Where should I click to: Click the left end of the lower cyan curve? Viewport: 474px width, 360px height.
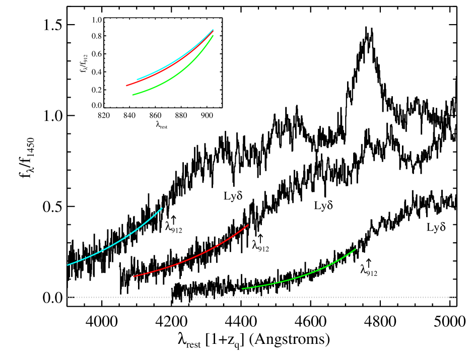(68, 265)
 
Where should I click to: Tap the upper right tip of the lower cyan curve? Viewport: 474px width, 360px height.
(161, 208)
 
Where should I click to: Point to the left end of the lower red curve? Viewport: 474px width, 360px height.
(133, 276)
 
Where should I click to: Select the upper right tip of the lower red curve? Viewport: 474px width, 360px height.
(248, 225)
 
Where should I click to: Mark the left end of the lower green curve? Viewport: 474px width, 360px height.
(243, 289)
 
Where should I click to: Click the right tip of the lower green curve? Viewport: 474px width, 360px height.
(355, 249)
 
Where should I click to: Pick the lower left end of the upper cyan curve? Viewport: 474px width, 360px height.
(138, 80)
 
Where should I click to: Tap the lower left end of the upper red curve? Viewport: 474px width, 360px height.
(127, 86)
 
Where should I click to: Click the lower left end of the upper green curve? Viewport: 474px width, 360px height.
(133, 95)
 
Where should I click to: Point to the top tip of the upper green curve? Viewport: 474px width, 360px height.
(213, 36)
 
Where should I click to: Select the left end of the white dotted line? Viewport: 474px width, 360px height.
(67, 297)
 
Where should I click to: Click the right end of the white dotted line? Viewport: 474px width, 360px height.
(455, 297)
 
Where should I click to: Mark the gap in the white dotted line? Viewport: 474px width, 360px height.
(178, 297)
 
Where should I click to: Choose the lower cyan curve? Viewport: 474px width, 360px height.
(116, 242)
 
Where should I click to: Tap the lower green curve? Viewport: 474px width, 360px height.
(302, 275)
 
